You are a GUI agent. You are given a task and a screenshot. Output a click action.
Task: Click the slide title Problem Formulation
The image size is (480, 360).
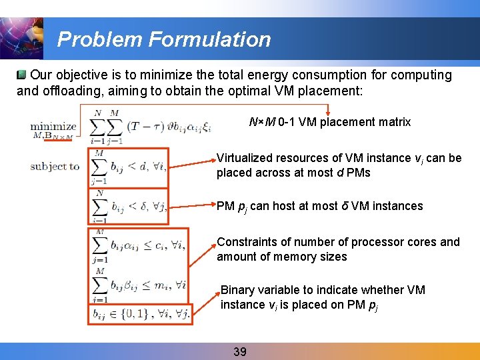tap(164, 39)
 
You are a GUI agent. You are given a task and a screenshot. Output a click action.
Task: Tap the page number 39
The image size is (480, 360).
tap(240, 351)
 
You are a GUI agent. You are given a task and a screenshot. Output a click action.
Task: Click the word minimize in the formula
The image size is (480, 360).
tap(53, 125)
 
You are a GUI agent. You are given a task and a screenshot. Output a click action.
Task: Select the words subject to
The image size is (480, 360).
tap(55, 167)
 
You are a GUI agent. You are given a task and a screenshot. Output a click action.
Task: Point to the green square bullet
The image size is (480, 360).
tap(23, 75)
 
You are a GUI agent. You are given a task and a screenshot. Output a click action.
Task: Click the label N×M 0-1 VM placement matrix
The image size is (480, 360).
tap(329, 122)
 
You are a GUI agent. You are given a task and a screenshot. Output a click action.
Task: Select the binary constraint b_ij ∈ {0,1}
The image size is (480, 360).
tap(141, 313)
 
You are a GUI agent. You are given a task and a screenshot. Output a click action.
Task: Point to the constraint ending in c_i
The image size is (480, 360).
tap(139, 245)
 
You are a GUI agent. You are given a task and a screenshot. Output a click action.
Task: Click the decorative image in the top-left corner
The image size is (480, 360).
tap(22, 38)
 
